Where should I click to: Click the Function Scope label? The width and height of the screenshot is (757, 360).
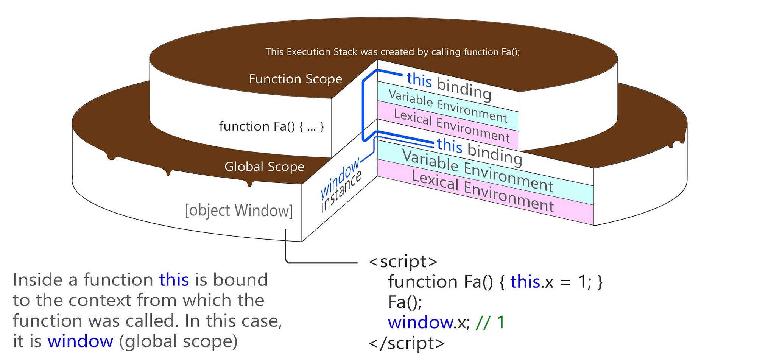point(295,79)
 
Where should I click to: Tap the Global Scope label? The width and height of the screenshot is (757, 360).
point(264,167)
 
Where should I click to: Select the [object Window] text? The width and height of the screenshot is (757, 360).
point(239,210)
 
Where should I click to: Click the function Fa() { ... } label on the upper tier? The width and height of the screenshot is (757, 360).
point(271,126)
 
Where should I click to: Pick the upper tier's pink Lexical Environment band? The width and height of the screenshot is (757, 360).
point(448,125)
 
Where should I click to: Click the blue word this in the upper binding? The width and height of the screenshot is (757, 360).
point(419,80)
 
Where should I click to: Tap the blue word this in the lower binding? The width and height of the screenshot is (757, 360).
point(450,145)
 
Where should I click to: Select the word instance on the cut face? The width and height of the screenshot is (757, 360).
point(341,191)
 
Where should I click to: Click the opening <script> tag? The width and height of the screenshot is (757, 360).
point(403,262)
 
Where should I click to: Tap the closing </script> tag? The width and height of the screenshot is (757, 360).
point(407,343)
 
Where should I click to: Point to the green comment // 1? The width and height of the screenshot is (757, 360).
point(490,322)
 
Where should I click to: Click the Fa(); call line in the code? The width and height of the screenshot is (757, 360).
point(405,302)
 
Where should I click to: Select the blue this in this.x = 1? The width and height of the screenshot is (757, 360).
point(525,282)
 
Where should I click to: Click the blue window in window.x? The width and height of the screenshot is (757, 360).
point(421,323)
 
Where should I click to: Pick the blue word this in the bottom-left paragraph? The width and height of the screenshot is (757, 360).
point(174,280)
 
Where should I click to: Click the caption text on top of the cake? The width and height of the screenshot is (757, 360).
point(393,52)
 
